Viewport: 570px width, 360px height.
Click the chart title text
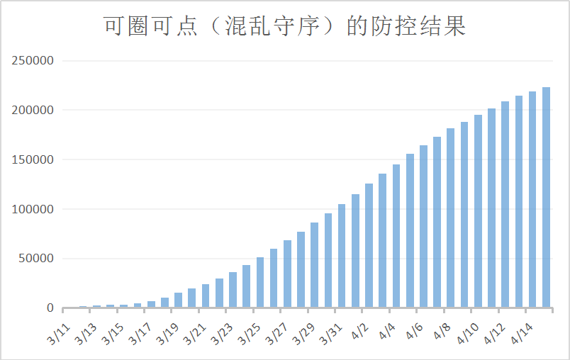(x=284, y=27)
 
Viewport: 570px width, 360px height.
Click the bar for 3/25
(x=259, y=283)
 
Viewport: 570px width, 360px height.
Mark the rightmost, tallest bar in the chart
(x=547, y=198)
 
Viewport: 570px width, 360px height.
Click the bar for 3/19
(x=178, y=300)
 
